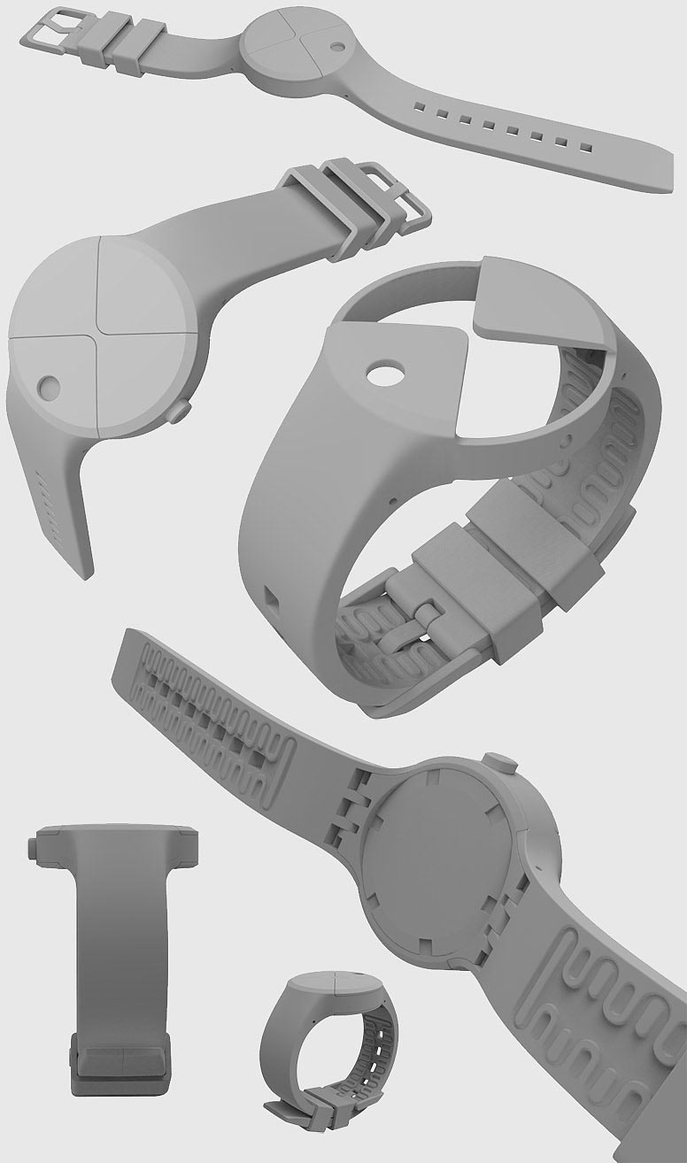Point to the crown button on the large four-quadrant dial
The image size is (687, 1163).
click(181, 410)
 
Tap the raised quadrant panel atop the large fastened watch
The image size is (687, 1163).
click(540, 297)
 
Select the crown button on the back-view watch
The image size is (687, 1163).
click(497, 763)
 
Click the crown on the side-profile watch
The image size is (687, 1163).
click(33, 850)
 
